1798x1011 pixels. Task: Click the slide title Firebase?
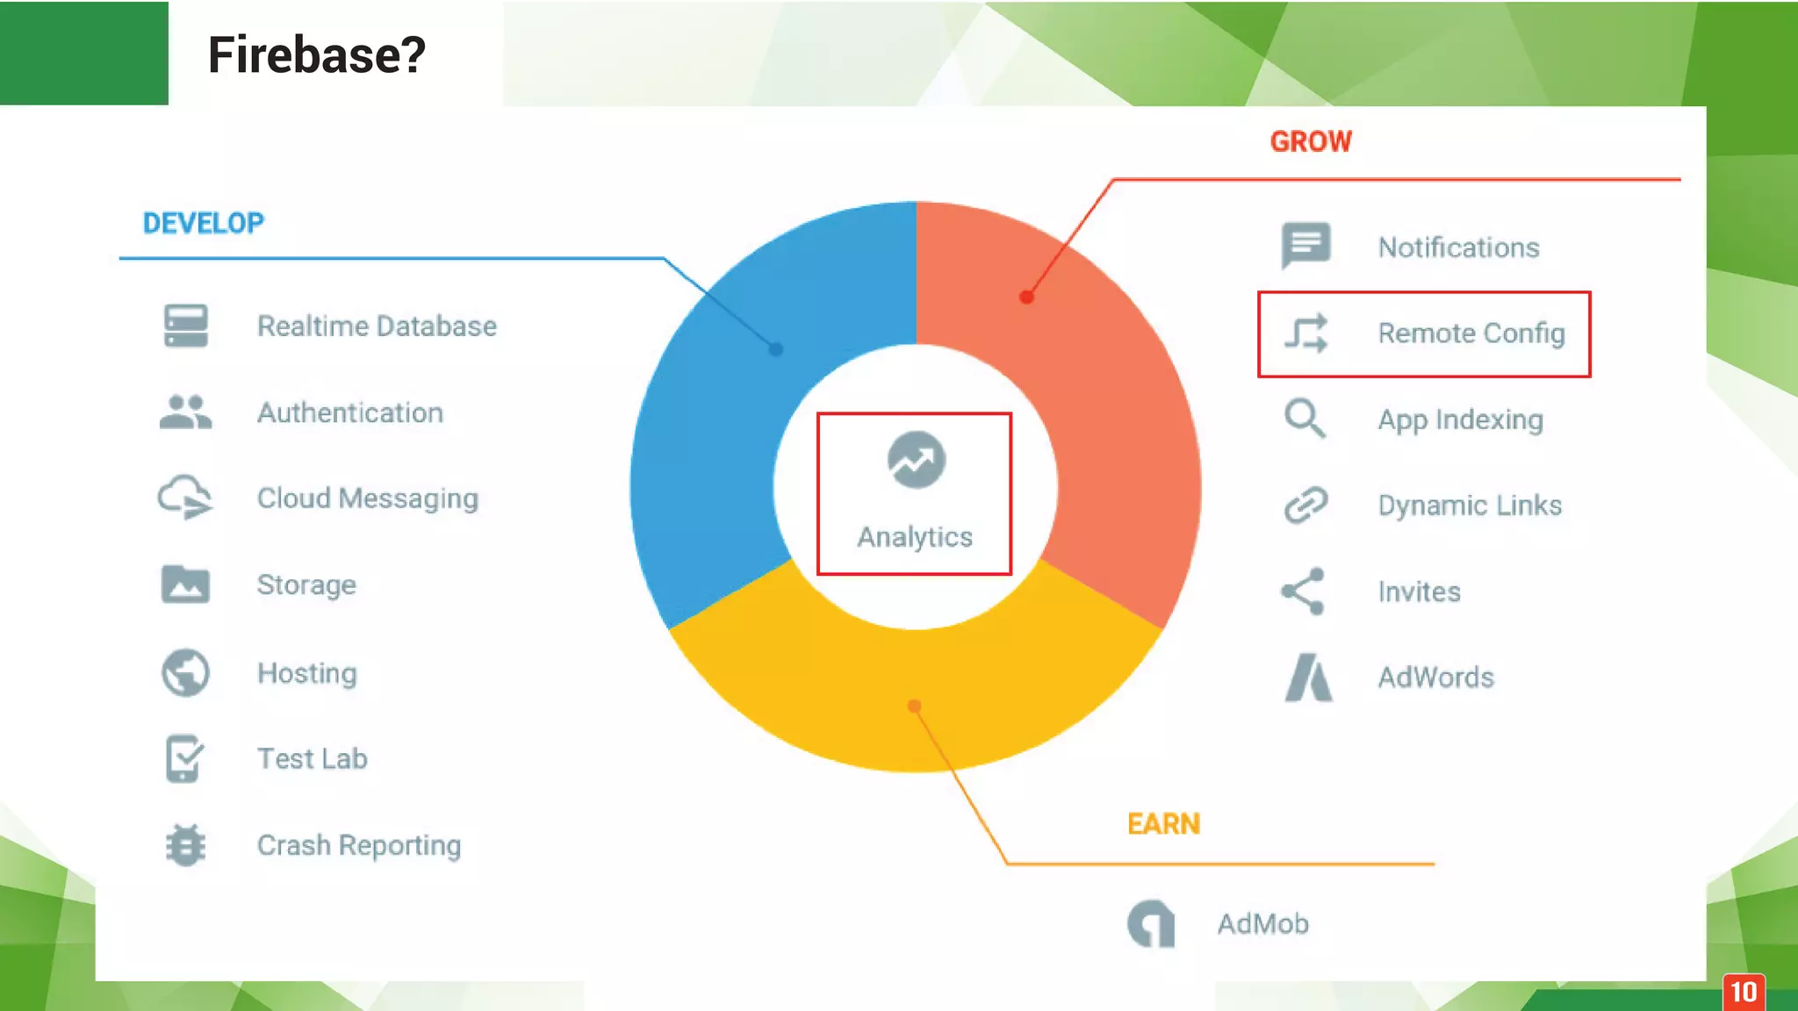pyautogui.click(x=316, y=54)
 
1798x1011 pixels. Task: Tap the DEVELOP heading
pyautogui.click(x=203, y=223)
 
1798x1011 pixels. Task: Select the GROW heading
pyautogui.click(x=1311, y=141)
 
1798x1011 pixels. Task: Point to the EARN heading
pyautogui.click(x=1163, y=824)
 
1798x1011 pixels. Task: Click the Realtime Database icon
pyautogui.click(x=185, y=326)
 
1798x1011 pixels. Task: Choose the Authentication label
pyautogui.click(x=349, y=412)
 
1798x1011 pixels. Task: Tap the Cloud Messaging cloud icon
pyautogui.click(x=184, y=498)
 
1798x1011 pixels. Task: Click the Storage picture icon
pyautogui.click(x=185, y=584)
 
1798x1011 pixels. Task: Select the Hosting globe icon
pyautogui.click(x=185, y=673)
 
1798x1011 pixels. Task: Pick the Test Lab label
pyautogui.click(x=312, y=758)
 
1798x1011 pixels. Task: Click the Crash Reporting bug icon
pyautogui.click(x=185, y=845)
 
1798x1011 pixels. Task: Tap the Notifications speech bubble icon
pyautogui.click(x=1305, y=246)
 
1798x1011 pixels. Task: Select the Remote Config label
pyautogui.click(x=1471, y=333)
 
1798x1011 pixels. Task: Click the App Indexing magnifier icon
pyautogui.click(x=1305, y=419)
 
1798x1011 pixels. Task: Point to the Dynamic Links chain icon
pyautogui.click(x=1305, y=505)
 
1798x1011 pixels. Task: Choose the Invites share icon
pyautogui.click(x=1303, y=592)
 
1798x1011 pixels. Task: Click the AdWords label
pyautogui.click(x=1435, y=678)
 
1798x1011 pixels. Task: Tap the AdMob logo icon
pyautogui.click(x=1151, y=923)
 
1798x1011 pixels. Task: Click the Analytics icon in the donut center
pyautogui.click(x=916, y=460)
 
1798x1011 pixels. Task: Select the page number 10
pyautogui.click(x=1744, y=992)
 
